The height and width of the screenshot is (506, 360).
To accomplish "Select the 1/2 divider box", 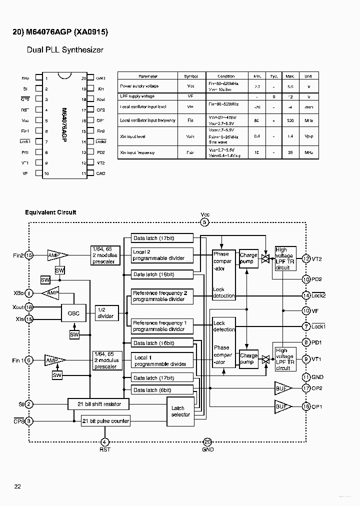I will [105, 313].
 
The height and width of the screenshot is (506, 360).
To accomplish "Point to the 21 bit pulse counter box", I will [105, 421].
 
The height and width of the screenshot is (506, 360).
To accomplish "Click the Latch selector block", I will [180, 411].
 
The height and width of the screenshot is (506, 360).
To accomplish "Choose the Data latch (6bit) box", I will [162, 389].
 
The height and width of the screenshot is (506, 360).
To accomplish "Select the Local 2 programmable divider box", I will [162, 255].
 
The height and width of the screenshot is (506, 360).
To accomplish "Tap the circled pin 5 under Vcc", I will [204, 223].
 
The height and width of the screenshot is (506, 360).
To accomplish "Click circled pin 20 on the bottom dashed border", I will [207, 441].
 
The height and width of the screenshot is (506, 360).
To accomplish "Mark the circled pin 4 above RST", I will [104, 441].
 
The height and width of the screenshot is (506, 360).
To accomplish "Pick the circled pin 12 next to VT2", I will [306, 259].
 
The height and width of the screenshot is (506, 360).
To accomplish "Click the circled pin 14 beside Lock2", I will [306, 295].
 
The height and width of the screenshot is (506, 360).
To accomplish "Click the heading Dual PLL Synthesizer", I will [65, 50].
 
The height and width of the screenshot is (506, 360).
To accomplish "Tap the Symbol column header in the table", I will [190, 76].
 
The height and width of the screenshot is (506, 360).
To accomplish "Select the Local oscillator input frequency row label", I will [147, 120].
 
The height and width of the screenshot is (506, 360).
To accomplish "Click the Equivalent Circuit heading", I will [50, 212].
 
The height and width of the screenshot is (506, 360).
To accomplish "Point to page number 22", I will [17, 486].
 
